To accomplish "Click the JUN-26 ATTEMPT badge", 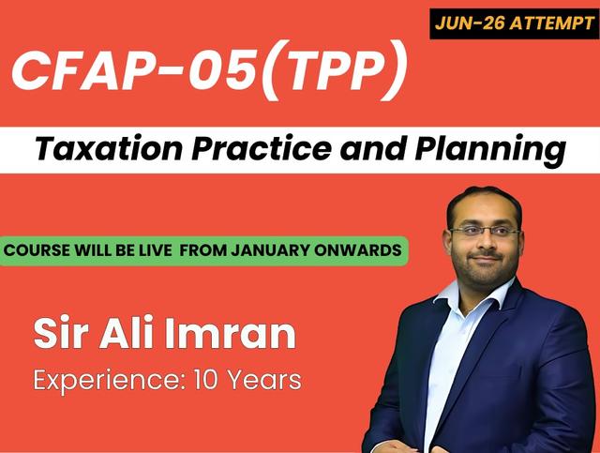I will click(x=515, y=20).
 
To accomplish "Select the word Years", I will click(x=263, y=380).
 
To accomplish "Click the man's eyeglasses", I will click(x=483, y=231).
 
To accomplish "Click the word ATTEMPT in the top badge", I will click(x=553, y=20).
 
